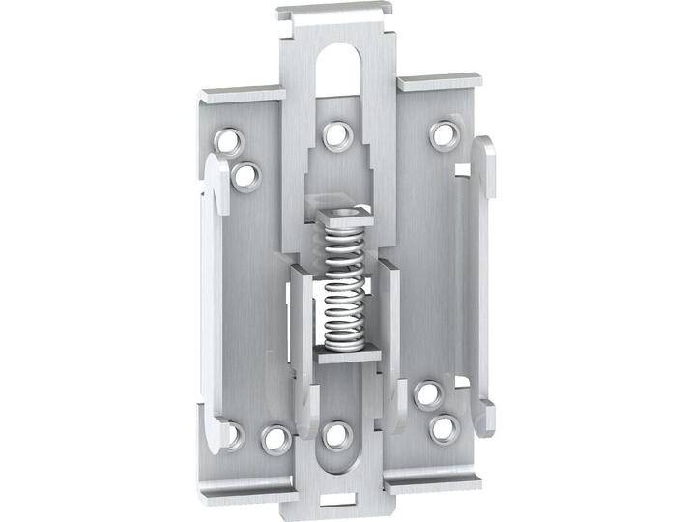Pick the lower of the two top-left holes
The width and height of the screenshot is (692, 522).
[x=246, y=175]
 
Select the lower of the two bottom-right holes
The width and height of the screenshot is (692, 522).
[x=443, y=426]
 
